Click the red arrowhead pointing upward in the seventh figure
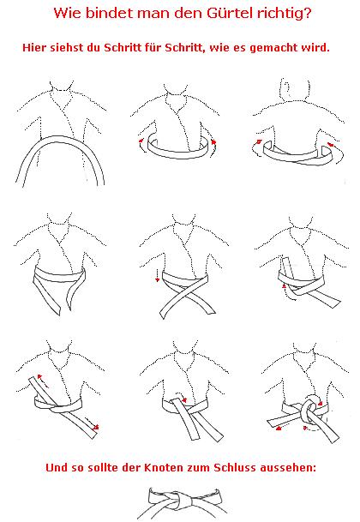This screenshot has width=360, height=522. pyautogui.click(x=40, y=377)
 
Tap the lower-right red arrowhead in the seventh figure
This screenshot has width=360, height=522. pyautogui.click(x=96, y=427)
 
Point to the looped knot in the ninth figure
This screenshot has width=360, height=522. pyautogui.click(x=309, y=410)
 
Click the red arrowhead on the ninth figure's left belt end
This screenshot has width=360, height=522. pyautogui.click(x=279, y=428)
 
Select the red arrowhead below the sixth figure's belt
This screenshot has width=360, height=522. pyautogui.click(x=284, y=286)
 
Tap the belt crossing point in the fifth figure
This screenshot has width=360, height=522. pyautogui.click(x=187, y=294)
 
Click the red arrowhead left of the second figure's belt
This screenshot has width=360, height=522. pyautogui.click(x=141, y=141)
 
